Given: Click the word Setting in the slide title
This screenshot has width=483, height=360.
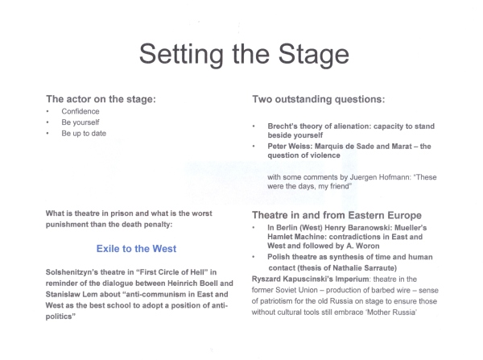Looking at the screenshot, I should coord(179,54).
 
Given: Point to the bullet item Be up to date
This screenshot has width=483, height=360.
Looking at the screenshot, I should coord(83,134).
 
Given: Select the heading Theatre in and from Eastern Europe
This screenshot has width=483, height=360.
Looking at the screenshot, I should coord(336,216).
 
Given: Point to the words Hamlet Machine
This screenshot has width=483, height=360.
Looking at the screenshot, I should coord(298,240).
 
